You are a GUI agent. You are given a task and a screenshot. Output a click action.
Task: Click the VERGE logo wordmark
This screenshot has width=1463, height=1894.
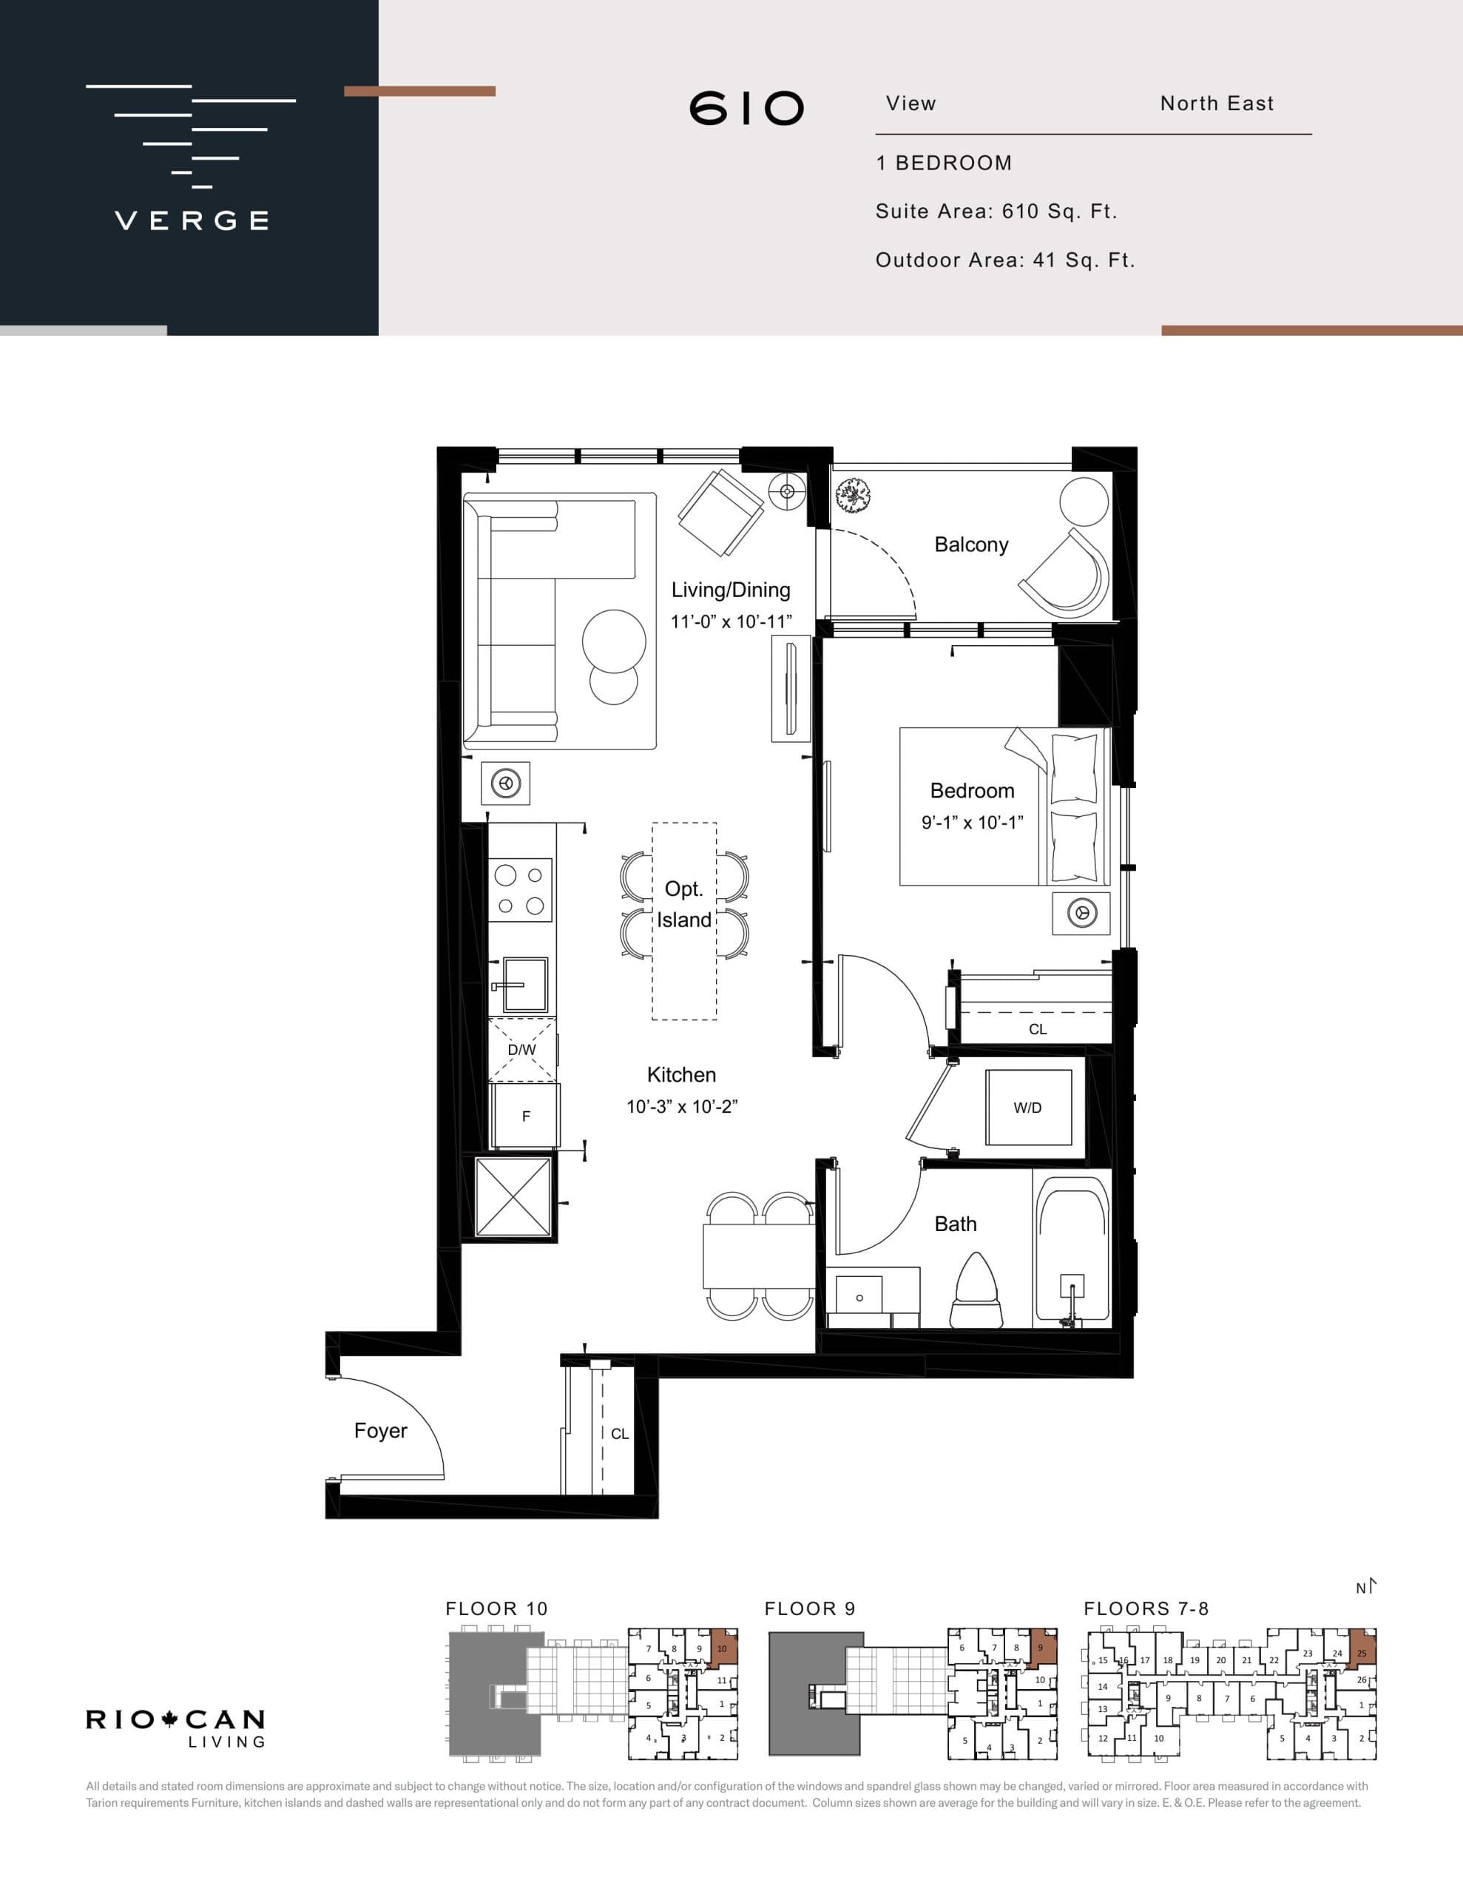[192, 220]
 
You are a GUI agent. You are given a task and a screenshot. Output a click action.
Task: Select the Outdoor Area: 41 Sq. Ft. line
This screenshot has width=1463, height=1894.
[1005, 260]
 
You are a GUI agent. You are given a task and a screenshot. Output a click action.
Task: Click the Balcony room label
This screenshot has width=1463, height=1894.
[971, 545]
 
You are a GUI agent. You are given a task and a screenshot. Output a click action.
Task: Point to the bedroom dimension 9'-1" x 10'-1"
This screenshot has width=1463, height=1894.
[972, 822]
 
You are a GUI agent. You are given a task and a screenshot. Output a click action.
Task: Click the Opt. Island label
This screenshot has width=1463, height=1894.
[683, 905]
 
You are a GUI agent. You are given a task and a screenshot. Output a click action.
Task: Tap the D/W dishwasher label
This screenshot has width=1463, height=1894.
[522, 1050]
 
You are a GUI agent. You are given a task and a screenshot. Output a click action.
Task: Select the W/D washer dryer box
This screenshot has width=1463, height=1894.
[1027, 1108]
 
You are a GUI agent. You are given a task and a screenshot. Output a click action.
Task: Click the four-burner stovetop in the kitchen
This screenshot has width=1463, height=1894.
[520, 890]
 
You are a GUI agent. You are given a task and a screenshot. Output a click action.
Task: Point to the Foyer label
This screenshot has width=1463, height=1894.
[380, 1431]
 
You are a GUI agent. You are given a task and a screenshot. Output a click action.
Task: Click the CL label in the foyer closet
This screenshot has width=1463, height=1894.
[619, 1435]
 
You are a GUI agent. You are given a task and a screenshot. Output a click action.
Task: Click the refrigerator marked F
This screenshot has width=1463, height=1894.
[526, 1117]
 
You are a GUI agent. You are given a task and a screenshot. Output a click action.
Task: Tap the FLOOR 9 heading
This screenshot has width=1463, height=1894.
[809, 1608]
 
